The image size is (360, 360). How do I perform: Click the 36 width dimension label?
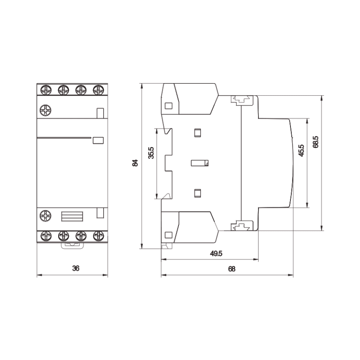(x=76, y=269)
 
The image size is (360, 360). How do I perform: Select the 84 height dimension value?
(x=136, y=163)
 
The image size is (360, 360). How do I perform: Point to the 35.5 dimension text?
(x=151, y=154)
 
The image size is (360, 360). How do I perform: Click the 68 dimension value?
(x=231, y=269)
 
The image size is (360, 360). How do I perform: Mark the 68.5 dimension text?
(x=316, y=143)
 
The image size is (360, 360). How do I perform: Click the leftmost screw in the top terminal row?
(x=45, y=90)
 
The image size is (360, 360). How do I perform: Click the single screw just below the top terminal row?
(x=45, y=110)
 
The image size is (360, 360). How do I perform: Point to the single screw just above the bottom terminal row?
(x=45, y=216)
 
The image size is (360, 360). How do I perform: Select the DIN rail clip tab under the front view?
(x=72, y=246)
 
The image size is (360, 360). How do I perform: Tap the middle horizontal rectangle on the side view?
(x=200, y=163)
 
